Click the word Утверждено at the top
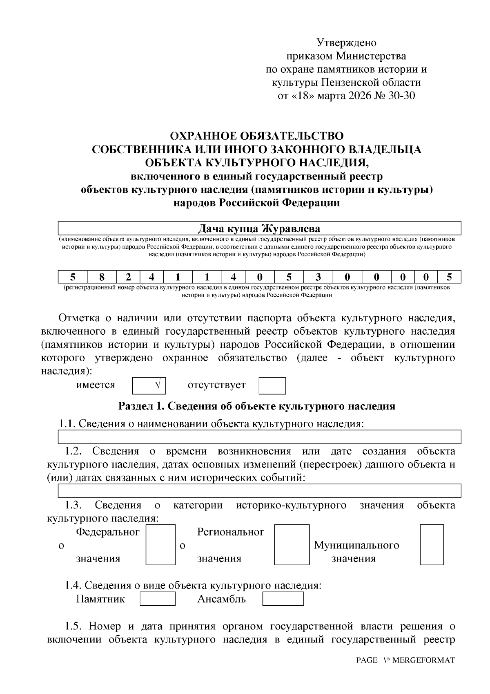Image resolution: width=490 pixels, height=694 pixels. (x=347, y=43)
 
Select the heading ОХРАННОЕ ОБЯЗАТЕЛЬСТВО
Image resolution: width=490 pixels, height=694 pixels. (x=256, y=136)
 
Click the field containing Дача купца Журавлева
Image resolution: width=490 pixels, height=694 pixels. (x=259, y=228)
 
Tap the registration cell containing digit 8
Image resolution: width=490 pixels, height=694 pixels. (x=102, y=277)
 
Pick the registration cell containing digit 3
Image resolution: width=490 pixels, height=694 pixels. (x=318, y=277)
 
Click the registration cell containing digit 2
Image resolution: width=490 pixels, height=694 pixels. (x=128, y=277)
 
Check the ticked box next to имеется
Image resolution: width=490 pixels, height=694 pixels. (x=149, y=385)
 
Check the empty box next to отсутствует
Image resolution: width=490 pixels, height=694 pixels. (x=272, y=385)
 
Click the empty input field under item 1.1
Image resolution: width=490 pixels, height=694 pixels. (x=259, y=437)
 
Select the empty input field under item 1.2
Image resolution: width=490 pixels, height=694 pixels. (x=259, y=491)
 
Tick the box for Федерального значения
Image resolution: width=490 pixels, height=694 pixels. (x=160, y=545)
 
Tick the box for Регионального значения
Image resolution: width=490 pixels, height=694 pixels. (x=291, y=545)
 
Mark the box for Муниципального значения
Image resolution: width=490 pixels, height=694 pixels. (x=432, y=545)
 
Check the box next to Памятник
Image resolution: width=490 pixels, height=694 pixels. (x=158, y=599)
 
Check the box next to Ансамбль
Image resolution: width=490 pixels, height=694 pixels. (x=283, y=599)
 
